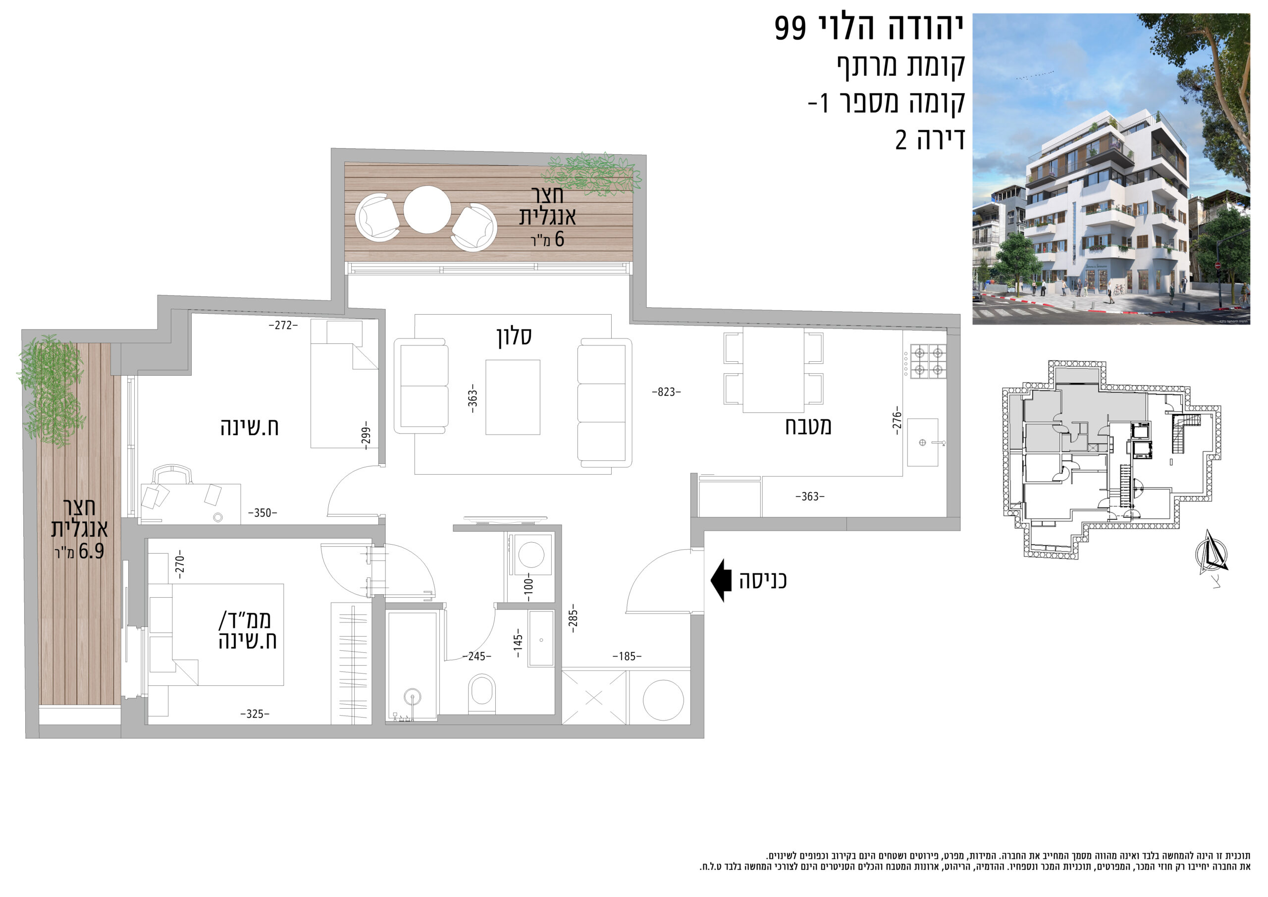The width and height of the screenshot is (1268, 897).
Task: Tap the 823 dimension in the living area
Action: coord(667,392)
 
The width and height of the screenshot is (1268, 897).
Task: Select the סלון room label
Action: coord(514,336)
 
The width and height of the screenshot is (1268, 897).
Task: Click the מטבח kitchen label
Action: coord(808,426)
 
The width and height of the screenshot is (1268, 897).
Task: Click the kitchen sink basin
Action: coord(922,442)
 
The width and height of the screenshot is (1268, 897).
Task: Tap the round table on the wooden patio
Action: coord(427,210)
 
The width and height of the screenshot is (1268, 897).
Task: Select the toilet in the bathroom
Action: coord(481,694)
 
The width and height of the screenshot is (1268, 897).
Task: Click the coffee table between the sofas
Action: coord(513,397)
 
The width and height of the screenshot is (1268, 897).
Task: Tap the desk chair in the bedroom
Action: coord(173,475)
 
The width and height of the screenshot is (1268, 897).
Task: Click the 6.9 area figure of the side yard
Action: coord(91,551)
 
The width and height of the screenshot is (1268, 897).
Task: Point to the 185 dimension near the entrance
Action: coord(627,656)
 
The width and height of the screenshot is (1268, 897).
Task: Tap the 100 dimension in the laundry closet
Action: coord(528,586)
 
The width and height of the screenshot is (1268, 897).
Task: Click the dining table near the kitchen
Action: coord(773,370)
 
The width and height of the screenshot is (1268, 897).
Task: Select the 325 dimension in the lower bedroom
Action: coord(255,714)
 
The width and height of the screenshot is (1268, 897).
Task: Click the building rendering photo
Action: coord(1111,169)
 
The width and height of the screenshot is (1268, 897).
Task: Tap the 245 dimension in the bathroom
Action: coord(476,656)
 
